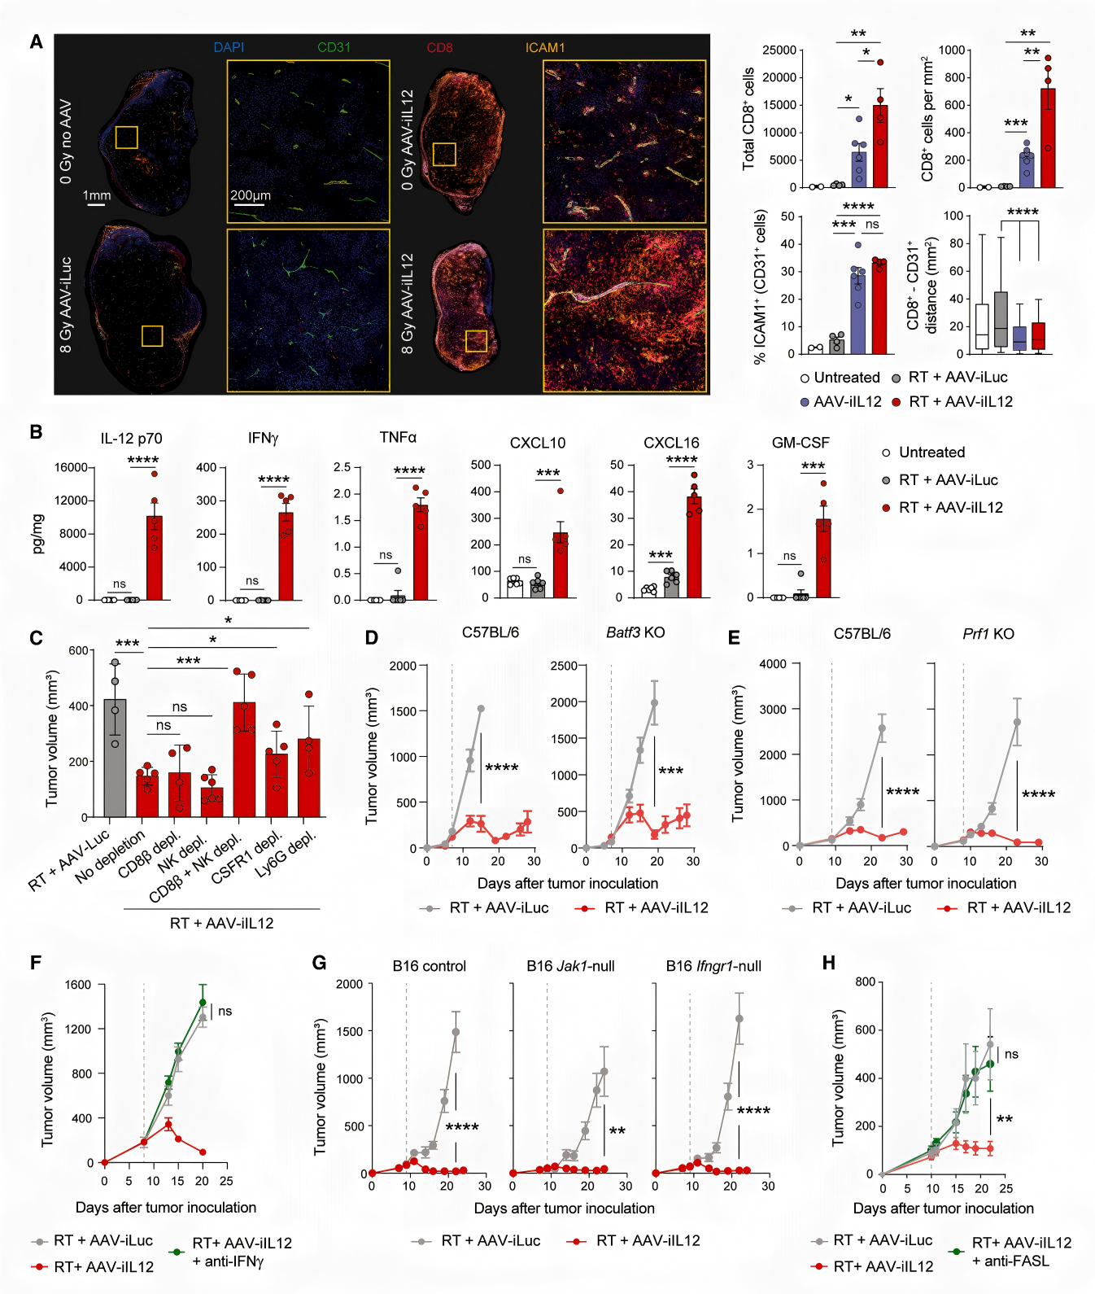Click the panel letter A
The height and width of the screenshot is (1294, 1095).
pyautogui.click(x=36, y=42)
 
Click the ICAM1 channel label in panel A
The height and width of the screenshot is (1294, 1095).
pyautogui.click(x=544, y=47)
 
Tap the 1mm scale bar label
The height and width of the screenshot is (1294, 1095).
pyautogui.click(x=96, y=195)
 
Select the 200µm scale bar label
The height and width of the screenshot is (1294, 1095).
pyautogui.click(x=251, y=195)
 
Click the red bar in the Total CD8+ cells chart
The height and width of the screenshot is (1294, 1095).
pyautogui.click(x=880, y=146)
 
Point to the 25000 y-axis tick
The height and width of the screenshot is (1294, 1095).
pyautogui.click(x=779, y=50)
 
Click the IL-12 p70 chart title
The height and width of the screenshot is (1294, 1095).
pyautogui.click(x=131, y=439)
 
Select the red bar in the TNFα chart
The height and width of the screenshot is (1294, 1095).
pyautogui.click(x=421, y=553)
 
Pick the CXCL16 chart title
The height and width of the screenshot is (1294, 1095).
pyautogui.click(x=671, y=443)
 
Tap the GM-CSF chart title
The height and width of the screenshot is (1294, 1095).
pyautogui.click(x=801, y=443)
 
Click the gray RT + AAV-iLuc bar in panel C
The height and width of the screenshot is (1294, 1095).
pyautogui.click(x=115, y=758)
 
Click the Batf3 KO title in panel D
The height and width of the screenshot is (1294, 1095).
pyautogui.click(x=635, y=632)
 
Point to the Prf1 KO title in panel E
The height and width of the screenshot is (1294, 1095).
pyautogui.click(x=988, y=633)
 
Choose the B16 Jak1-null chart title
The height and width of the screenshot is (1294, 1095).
pyautogui.click(x=570, y=966)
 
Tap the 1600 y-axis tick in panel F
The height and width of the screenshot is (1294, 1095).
pyautogui.click(x=78, y=985)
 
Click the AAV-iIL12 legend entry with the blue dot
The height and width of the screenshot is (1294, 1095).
pyautogui.click(x=847, y=402)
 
